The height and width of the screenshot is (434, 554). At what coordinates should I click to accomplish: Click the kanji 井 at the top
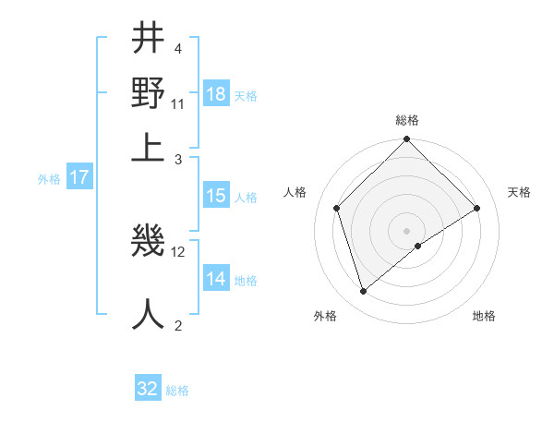149,41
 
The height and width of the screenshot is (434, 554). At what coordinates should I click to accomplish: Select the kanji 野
149,92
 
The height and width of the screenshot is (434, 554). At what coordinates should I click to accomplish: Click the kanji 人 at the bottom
149,312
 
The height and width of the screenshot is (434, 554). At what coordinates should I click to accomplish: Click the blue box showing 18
216,94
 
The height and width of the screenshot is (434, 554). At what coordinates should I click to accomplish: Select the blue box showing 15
216,196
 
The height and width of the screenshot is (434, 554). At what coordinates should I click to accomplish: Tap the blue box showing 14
216,279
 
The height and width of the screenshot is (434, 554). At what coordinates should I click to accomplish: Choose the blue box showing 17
79,178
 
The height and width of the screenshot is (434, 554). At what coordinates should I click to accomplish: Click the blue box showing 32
148,389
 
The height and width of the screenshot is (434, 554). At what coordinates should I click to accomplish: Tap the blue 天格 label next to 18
246,96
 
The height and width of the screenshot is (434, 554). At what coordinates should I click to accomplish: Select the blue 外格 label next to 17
49,179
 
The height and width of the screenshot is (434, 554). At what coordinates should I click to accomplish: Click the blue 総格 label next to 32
177,391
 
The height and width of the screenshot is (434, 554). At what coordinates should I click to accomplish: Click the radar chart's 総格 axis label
407,120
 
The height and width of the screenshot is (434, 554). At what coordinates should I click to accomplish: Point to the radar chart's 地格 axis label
484,316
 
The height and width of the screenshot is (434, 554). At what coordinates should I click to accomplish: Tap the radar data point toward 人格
337,208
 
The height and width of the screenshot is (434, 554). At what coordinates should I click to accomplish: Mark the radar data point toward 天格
477,208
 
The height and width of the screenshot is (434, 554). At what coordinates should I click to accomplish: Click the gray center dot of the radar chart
407,230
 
